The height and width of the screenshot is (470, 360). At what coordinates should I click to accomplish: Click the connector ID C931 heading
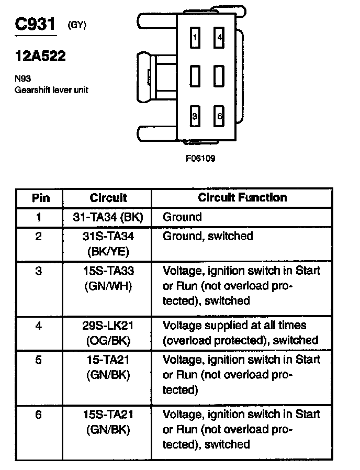[35, 26]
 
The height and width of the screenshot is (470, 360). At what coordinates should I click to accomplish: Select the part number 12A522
[40, 57]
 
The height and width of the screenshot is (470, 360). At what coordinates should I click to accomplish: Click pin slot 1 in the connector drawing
[195, 38]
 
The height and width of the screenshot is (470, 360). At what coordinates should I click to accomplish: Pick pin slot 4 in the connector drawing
[219, 38]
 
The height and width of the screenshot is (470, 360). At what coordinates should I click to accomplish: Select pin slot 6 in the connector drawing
[219, 116]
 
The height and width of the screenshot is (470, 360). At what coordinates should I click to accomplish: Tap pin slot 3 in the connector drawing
[195, 116]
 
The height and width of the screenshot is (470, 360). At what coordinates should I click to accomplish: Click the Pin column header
[41, 198]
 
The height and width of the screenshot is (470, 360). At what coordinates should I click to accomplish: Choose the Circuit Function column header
[242, 197]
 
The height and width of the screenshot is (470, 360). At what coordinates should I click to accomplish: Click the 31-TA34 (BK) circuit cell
[108, 217]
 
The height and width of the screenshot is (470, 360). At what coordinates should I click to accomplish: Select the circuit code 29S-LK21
[108, 326]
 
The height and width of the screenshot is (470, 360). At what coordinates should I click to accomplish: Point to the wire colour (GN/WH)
[108, 286]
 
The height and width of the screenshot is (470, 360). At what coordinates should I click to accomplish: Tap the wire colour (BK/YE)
[108, 251]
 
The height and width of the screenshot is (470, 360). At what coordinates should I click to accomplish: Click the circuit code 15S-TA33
[108, 271]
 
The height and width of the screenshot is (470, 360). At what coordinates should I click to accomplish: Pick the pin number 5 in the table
[39, 360]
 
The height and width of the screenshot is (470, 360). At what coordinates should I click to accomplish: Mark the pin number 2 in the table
[39, 237]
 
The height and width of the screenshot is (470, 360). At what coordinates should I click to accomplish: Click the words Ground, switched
[208, 237]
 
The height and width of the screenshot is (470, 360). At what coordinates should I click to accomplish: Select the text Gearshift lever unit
[51, 90]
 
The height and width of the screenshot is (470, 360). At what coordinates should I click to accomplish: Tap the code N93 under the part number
[22, 79]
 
